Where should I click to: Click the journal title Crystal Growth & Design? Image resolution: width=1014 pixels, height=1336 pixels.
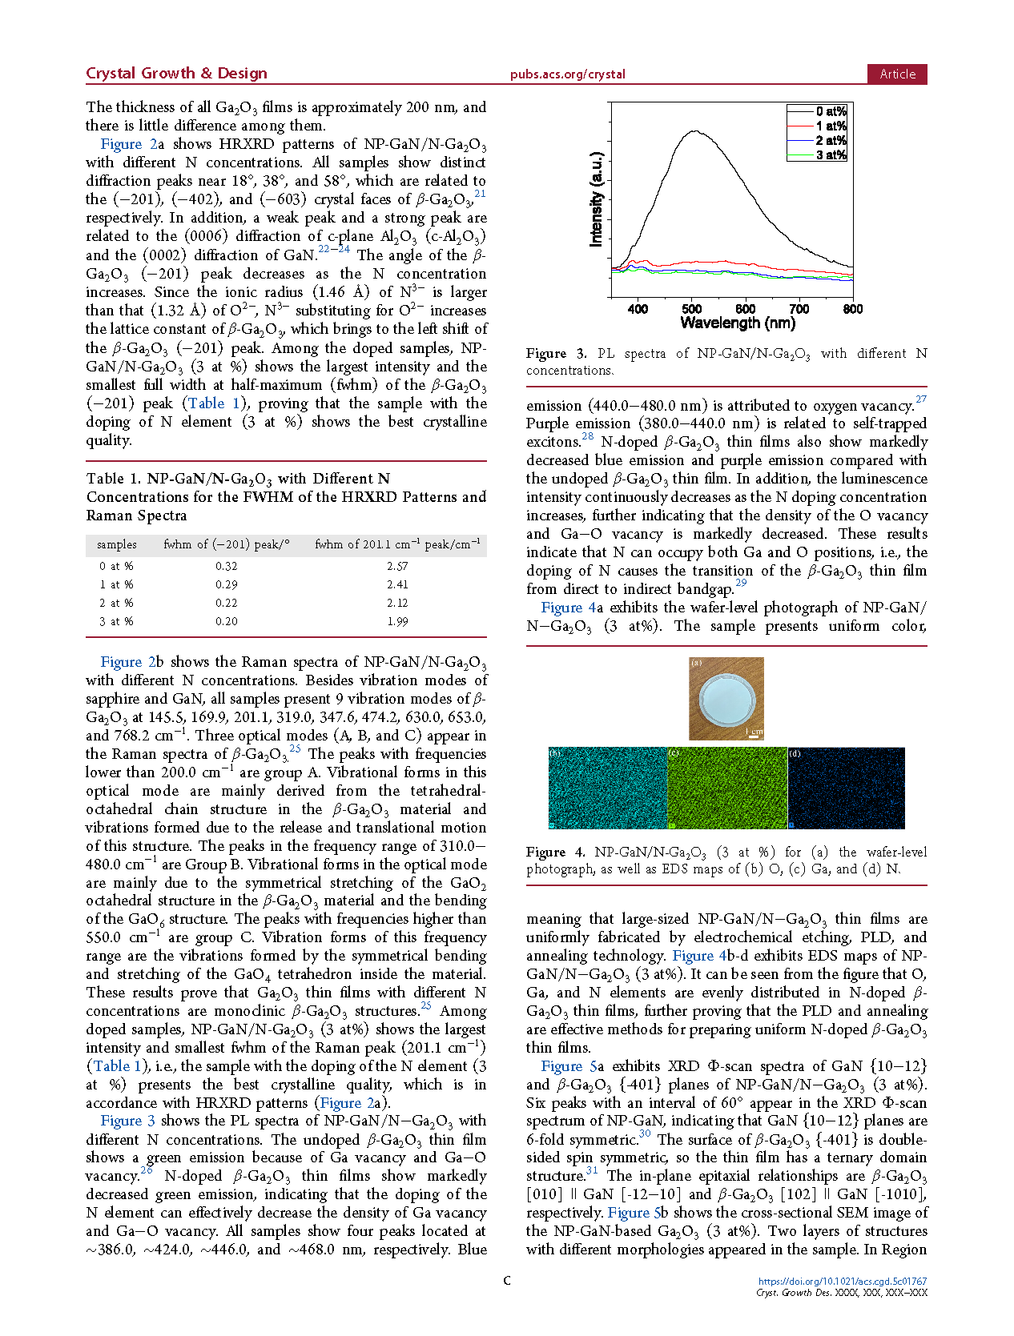pyautogui.click(x=176, y=74)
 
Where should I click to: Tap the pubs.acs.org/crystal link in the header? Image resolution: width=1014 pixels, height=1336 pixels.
pyautogui.click(x=567, y=74)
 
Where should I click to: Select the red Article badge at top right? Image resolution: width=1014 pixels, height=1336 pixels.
pyautogui.click(x=897, y=74)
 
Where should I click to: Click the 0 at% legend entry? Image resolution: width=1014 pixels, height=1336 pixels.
pyautogui.click(x=831, y=111)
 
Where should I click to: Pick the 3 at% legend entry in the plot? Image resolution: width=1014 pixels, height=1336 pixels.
pyautogui.click(x=831, y=155)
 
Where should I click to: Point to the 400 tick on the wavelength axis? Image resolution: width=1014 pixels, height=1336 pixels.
pyautogui.click(x=638, y=309)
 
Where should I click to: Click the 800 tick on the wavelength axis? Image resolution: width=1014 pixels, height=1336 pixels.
pyautogui.click(x=852, y=309)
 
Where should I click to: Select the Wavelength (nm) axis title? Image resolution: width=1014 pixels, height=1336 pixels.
pyautogui.click(x=738, y=323)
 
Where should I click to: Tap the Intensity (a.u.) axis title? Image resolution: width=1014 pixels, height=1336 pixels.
pyautogui.click(x=596, y=199)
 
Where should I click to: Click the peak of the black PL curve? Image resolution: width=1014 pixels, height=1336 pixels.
pyautogui.click(x=694, y=132)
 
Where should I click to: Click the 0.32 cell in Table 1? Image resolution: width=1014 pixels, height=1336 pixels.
pyautogui.click(x=226, y=566)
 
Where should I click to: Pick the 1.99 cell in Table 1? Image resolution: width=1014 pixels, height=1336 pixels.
pyautogui.click(x=397, y=621)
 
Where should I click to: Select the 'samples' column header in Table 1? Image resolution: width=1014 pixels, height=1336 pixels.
pyautogui.click(x=117, y=544)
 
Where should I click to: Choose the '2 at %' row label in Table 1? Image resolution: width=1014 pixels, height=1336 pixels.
pyautogui.click(x=116, y=603)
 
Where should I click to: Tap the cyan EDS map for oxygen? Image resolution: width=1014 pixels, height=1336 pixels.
pyautogui.click(x=607, y=788)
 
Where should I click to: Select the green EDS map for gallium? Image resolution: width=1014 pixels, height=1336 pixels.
pyautogui.click(x=727, y=788)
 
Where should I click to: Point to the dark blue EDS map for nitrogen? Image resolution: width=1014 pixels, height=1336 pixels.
pyautogui.click(x=847, y=788)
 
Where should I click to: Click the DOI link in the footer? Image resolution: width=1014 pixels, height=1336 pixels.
pyautogui.click(x=842, y=1282)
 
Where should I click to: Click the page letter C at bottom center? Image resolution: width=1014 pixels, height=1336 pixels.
pyautogui.click(x=507, y=1281)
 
